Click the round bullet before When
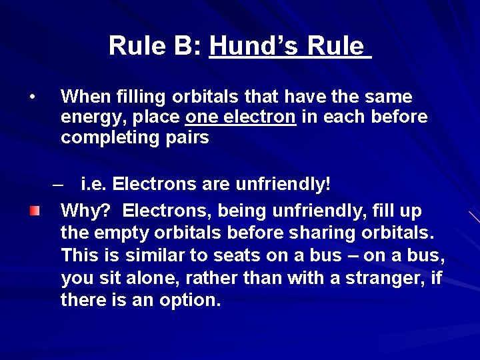(32, 97)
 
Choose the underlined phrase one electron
(241, 117)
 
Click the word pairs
(187, 138)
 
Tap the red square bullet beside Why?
(34, 211)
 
